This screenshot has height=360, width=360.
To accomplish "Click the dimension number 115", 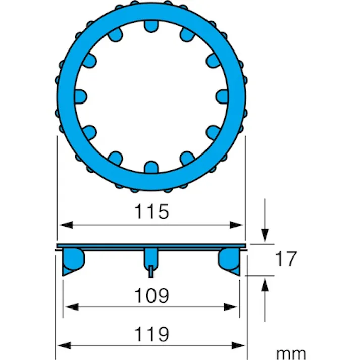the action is click(x=151, y=211).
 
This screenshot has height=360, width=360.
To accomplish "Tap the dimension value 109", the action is click(x=151, y=295).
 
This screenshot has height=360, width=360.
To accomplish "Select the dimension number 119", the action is click(x=151, y=334).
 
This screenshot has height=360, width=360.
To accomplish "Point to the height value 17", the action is click(x=286, y=259).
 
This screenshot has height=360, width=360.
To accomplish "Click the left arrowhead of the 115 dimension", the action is click(x=66, y=225).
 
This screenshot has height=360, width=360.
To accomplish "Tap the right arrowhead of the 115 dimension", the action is click(x=236, y=225).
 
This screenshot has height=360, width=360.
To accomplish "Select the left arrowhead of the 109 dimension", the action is click(x=72, y=307).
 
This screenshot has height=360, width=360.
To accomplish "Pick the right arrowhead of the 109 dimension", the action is click(x=231, y=307).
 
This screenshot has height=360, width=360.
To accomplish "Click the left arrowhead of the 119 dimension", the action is click(x=64, y=345).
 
